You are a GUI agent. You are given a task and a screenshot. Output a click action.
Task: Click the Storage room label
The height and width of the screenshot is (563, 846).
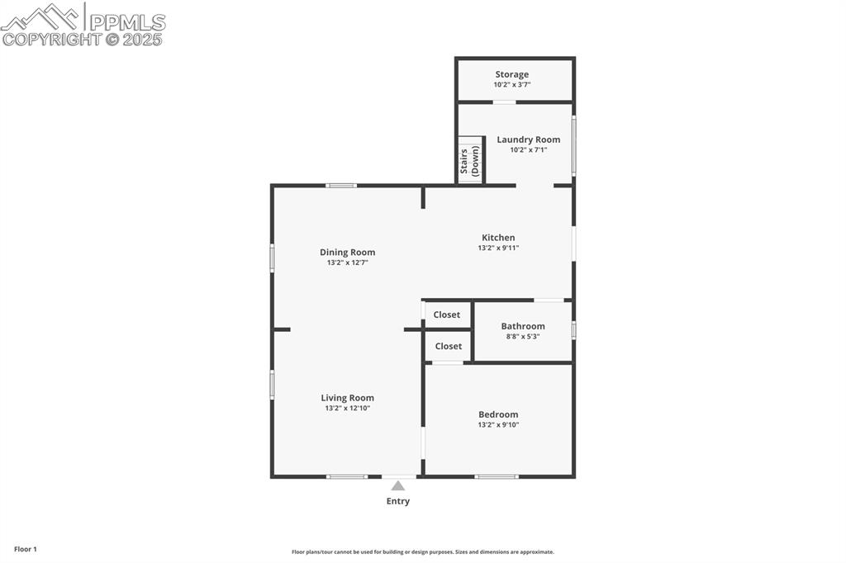coord(511,74)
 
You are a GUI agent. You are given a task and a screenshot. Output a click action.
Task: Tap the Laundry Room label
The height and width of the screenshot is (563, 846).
coord(528,140)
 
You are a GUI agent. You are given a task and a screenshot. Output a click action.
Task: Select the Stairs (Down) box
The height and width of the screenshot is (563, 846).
coord(470,160)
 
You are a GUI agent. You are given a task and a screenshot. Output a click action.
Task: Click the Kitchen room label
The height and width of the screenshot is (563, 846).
coord(498,238)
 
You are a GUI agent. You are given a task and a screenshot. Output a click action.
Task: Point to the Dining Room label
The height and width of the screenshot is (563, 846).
coord(347,253)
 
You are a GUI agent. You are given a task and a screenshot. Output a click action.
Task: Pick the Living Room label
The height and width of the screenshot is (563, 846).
coord(347,398)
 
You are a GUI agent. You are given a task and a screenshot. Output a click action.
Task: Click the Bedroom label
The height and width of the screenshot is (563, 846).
coord(498,414)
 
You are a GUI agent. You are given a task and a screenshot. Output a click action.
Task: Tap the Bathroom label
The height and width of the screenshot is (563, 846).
coord(522,326)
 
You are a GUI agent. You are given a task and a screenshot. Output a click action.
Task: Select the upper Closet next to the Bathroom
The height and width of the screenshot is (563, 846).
coord(447,315)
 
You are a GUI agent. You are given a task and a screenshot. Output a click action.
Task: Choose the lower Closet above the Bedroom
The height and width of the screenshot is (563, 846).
coord(448,346)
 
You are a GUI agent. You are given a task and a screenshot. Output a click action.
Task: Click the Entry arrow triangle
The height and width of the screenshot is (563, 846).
coord(398,486)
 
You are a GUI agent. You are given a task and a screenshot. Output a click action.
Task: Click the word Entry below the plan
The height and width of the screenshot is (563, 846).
coord(398,501)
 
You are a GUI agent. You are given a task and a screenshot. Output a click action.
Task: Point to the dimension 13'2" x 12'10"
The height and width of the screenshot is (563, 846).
coord(347,408)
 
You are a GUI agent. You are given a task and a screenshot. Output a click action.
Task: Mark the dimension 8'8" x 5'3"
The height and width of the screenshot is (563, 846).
coord(522,336)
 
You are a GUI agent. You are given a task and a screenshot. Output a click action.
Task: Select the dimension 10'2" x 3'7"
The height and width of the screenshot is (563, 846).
coord(511,84)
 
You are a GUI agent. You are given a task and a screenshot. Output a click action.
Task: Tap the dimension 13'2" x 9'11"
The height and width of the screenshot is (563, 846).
coord(498,248)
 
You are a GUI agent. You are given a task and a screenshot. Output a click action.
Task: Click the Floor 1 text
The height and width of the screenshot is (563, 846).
coord(25,549)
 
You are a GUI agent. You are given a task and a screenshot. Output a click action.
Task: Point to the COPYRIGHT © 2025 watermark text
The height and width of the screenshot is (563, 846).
coord(83,39)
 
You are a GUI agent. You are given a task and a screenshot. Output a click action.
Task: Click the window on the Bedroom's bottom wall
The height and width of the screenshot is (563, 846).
coord(497,476)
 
